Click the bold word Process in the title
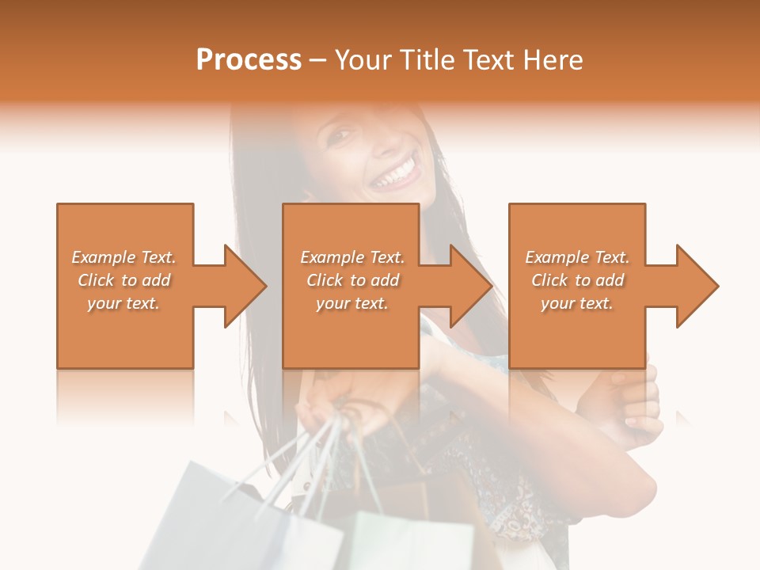(x=249, y=60)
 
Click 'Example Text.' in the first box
(x=123, y=257)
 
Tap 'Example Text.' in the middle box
(x=352, y=257)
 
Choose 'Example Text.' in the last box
(x=577, y=257)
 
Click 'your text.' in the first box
(x=123, y=303)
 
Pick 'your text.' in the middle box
(x=352, y=303)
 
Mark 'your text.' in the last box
(x=577, y=303)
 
